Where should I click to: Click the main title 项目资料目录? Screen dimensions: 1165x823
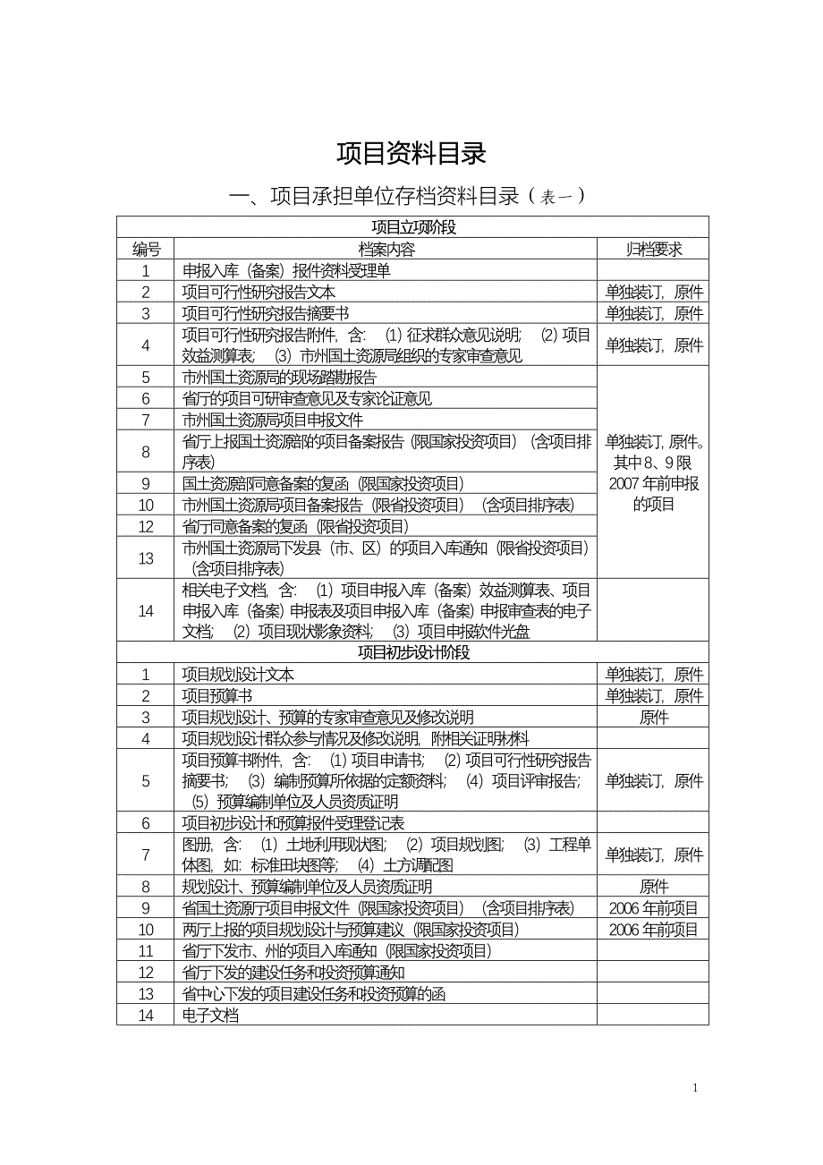click(x=411, y=154)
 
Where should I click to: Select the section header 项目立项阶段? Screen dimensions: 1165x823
click(x=412, y=227)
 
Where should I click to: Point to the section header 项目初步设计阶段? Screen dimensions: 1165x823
click(x=412, y=652)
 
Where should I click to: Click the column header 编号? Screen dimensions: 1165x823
click(x=146, y=249)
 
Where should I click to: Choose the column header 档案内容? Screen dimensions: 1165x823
click(x=386, y=249)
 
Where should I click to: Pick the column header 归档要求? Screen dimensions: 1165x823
click(x=653, y=249)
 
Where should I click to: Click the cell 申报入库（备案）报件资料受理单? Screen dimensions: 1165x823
click(x=286, y=270)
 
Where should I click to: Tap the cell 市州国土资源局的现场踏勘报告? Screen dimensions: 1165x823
click(x=279, y=377)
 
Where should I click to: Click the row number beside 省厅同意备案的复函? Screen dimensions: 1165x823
click(x=146, y=526)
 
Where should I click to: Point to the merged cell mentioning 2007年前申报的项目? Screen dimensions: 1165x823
click(x=653, y=472)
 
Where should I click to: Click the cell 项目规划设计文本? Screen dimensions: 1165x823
click(x=238, y=674)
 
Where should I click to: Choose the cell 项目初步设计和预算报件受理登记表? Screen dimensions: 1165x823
click(x=293, y=822)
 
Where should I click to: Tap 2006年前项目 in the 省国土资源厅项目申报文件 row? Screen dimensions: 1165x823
click(x=653, y=908)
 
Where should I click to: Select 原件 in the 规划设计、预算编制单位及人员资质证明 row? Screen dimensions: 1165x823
click(x=653, y=887)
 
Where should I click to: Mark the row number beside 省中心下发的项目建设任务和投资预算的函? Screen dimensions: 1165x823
click(x=146, y=994)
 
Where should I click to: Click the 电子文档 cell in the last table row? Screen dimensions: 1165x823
click(x=210, y=1016)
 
